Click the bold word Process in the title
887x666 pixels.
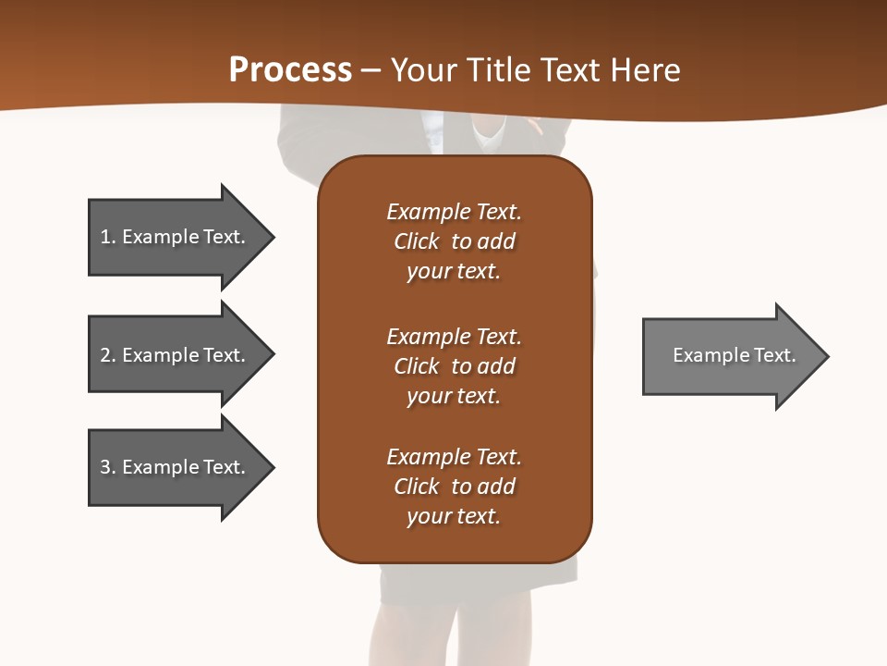[x=290, y=70]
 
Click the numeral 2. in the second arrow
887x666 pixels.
[x=107, y=355]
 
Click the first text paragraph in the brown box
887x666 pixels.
[x=454, y=241]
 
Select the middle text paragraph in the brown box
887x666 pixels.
[x=454, y=366]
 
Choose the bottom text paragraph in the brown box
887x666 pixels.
[x=454, y=487]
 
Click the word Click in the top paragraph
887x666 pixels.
[x=416, y=241]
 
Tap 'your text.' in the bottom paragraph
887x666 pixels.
[x=454, y=516]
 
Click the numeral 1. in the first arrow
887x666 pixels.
[x=107, y=237]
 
